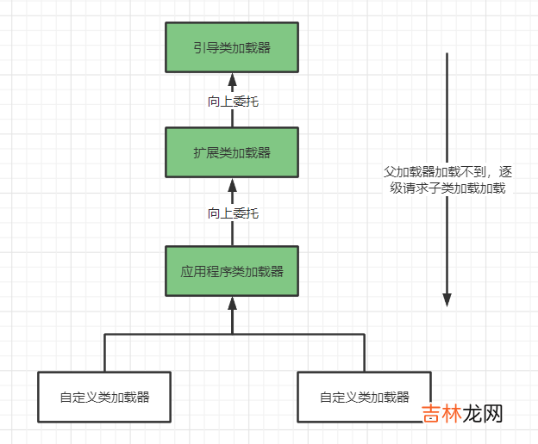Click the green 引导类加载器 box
tap(232, 47)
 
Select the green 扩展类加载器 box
tap(232, 152)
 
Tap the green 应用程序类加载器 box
tap(232, 270)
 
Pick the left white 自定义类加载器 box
tap(104, 397)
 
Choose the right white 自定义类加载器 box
tap(364, 397)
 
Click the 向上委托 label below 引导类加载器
tap(233, 102)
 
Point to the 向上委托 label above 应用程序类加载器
tap(233, 213)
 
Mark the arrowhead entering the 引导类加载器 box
tap(232, 80)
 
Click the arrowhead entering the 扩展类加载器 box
tap(232, 185)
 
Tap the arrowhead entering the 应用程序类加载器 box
tap(232, 303)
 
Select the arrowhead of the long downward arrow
tap(447, 299)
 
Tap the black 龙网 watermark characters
tap(483, 413)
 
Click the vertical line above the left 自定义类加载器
tap(105, 353)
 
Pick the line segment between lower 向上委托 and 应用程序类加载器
tap(232, 234)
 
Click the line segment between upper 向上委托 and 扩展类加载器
tap(232, 119)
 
